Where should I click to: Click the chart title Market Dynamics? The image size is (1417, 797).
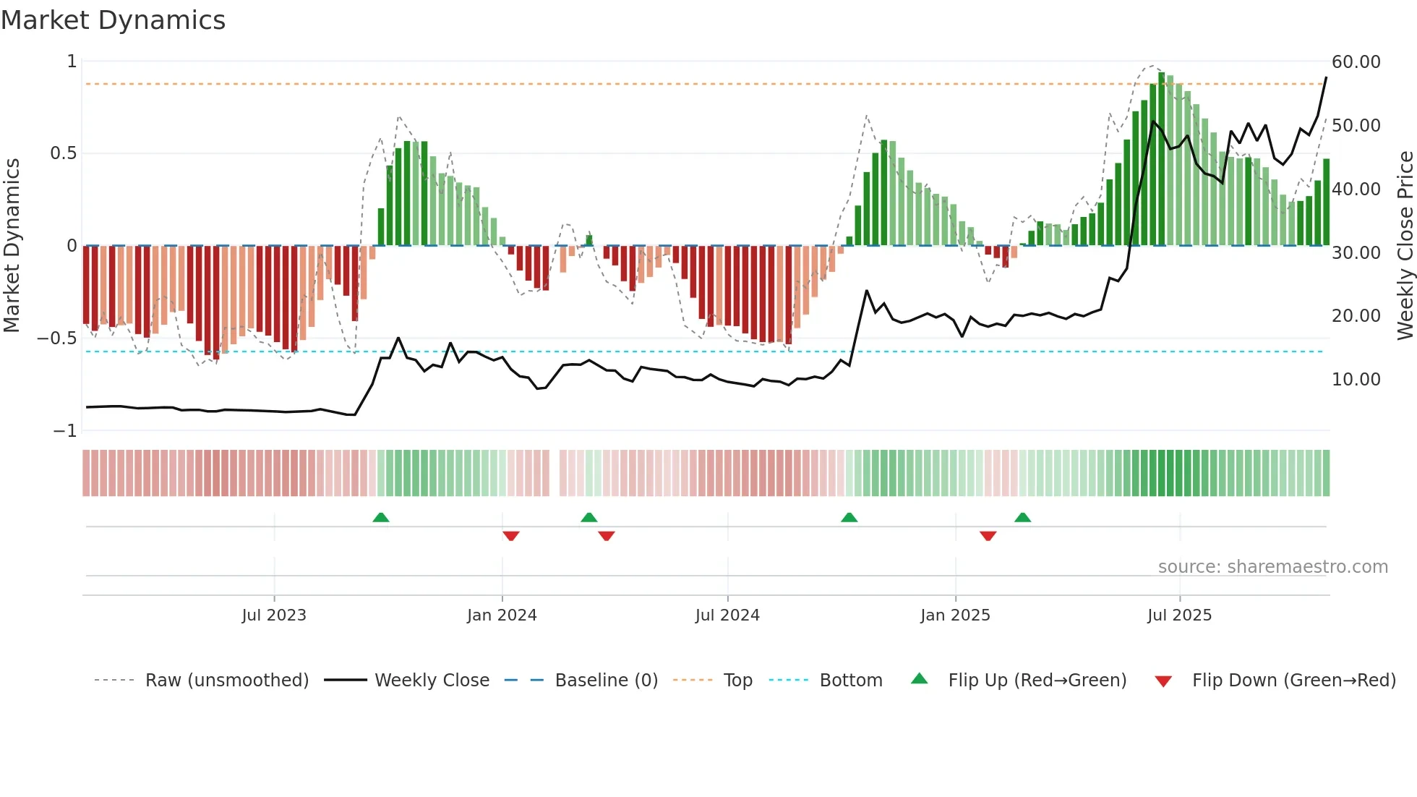(113, 20)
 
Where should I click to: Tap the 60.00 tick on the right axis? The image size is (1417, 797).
(1356, 62)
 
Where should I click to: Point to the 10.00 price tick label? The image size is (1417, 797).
(1356, 380)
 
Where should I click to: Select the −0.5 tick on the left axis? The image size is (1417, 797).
(56, 338)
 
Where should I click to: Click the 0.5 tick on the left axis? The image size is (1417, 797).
(63, 153)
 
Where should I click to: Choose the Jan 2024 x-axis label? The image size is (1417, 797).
(502, 615)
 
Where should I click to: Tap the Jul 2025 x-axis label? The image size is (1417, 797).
(1179, 615)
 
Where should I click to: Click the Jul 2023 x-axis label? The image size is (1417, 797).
(274, 615)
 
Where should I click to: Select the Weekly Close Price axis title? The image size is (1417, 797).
(1405, 246)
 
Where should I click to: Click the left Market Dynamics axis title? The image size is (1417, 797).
(12, 246)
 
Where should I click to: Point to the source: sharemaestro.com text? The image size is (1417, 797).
(1272, 567)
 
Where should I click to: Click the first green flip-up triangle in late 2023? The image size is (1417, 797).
(381, 517)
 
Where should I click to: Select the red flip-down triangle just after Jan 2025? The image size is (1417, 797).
(988, 536)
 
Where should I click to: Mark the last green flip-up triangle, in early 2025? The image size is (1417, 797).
(1022, 517)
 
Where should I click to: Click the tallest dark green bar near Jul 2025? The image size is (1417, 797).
(1161, 159)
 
